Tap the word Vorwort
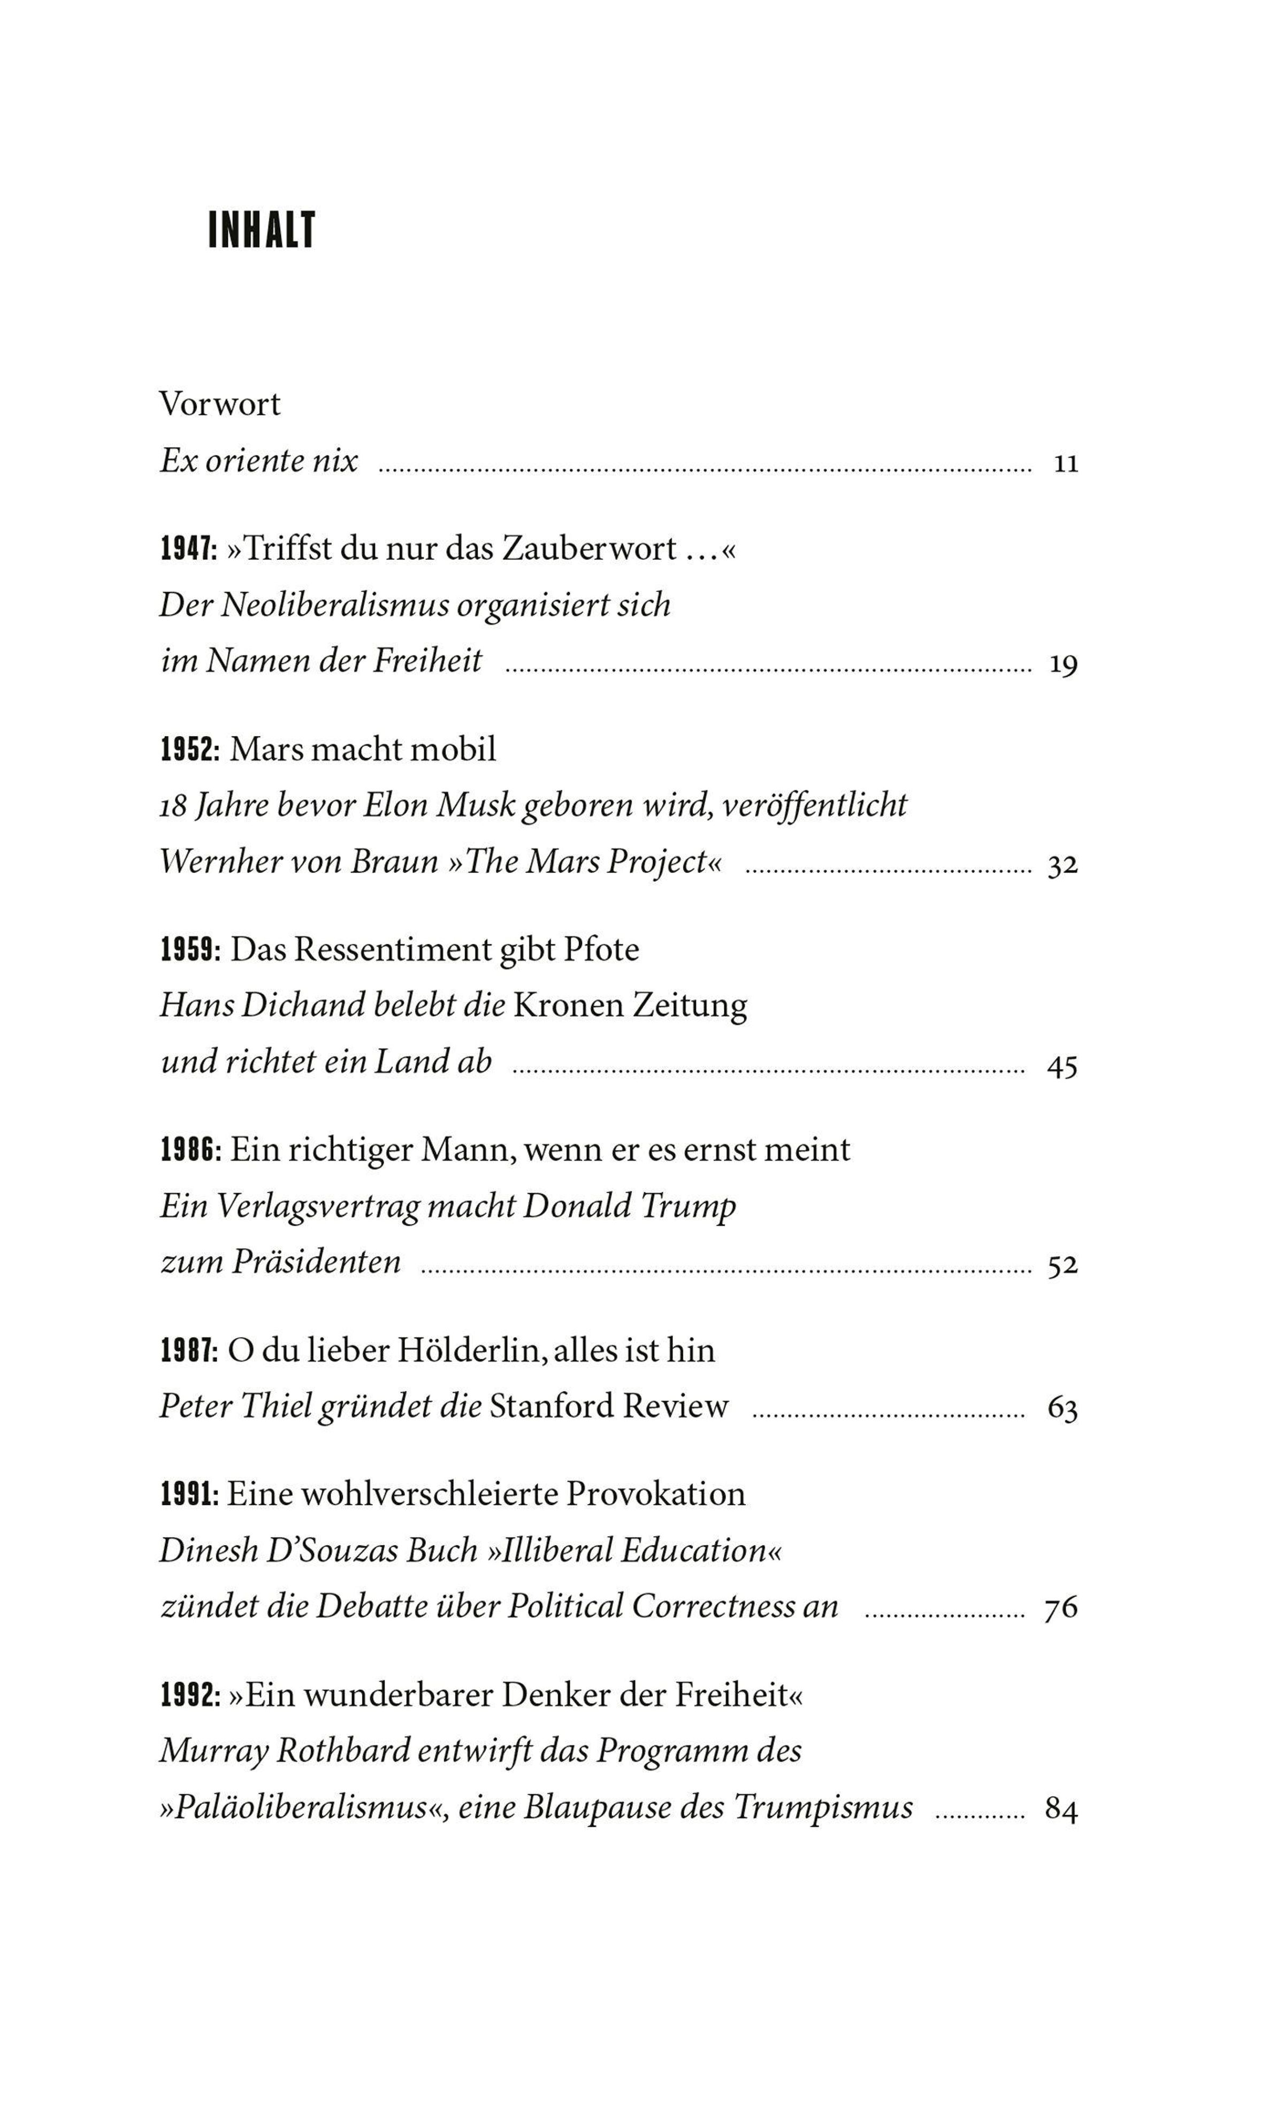pos(220,405)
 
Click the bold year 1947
pos(189,549)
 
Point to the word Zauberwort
pos(590,549)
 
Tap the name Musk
pos(475,805)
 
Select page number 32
pos(1063,866)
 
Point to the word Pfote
pos(601,950)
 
